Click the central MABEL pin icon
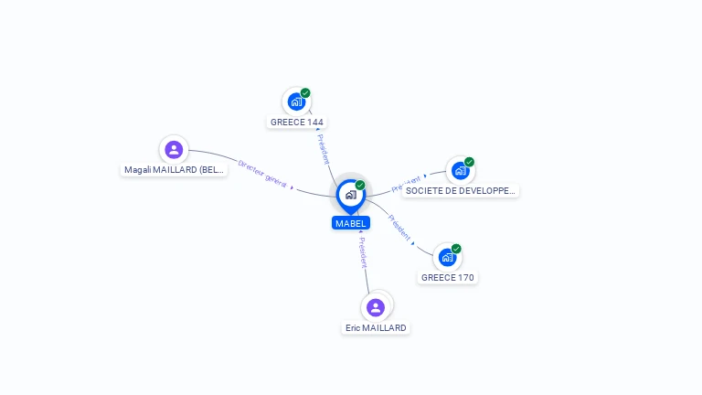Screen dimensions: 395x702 [x=349, y=195]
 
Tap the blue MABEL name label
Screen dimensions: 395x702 [x=350, y=223]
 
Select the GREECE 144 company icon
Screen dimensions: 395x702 [x=295, y=101]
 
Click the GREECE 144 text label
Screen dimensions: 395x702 [x=297, y=122]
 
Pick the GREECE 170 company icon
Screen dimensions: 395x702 [x=447, y=257]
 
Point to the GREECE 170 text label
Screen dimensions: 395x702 [x=449, y=277]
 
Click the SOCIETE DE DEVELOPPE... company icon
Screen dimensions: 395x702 [x=460, y=170]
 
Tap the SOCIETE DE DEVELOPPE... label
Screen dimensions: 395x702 [x=461, y=191]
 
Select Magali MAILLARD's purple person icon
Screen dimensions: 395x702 [x=174, y=149]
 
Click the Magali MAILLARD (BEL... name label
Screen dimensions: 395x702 [x=174, y=170]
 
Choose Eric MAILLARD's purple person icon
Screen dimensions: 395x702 [x=375, y=307]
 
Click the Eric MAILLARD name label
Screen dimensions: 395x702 [x=376, y=327]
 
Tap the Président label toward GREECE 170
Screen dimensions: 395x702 [x=399, y=229]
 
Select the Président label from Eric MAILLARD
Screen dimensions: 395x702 [x=363, y=252]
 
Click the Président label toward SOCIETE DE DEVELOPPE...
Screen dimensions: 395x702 [x=407, y=184]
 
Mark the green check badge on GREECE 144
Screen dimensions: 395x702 [x=305, y=93]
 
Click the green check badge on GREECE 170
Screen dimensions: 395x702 [x=456, y=249]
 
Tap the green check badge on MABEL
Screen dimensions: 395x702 [x=360, y=186]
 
